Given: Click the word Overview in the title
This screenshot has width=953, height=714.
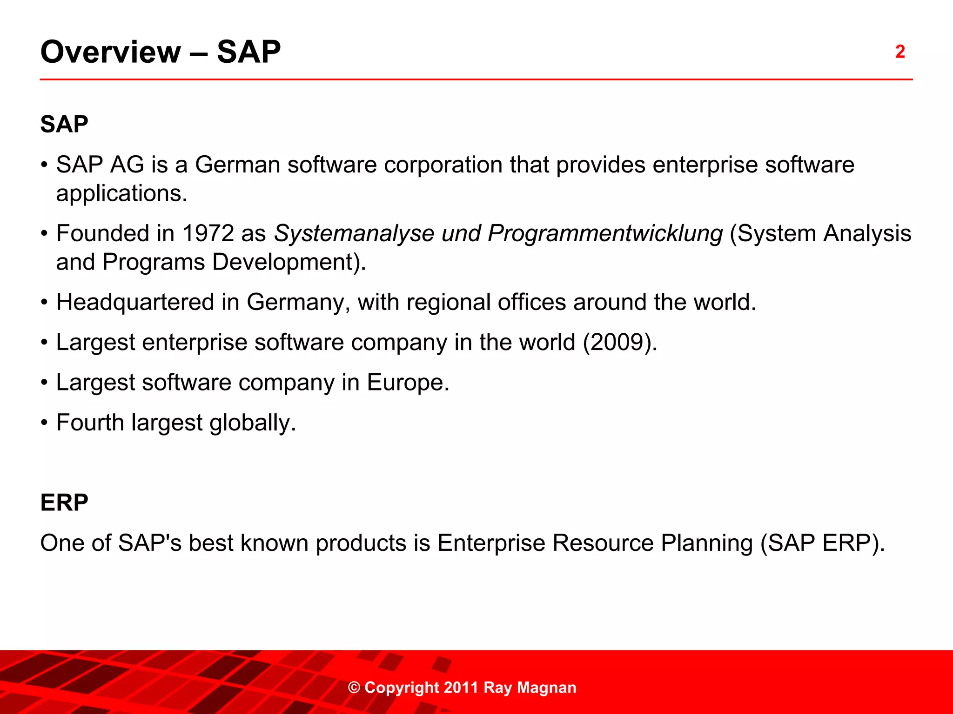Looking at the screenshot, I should [x=110, y=52].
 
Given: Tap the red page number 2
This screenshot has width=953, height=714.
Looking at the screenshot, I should [x=900, y=52].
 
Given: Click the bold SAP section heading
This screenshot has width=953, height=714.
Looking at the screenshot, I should [x=64, y=124].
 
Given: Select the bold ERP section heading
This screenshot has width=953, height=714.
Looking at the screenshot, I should [x=64, y=502].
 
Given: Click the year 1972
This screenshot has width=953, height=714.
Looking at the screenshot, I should [x=208, y=233].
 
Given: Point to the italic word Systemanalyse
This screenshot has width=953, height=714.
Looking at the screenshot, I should [x=354, y=233].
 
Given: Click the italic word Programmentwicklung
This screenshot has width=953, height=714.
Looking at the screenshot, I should [x=605, y=233].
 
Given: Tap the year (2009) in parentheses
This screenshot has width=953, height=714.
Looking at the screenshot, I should [x=619, y=343].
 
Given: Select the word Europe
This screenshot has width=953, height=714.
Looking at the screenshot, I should [x=408, y=383].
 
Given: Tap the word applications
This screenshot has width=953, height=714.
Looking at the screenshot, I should [x=121, y=193].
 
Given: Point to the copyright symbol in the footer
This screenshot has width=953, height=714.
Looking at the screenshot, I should [x=354, y=688].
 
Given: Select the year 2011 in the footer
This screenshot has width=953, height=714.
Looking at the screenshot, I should [x=461, y=688].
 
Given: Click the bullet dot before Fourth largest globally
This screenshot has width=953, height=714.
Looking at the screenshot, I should [x=44, y=423].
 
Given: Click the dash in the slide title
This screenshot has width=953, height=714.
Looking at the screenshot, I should [x=199, y=53].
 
